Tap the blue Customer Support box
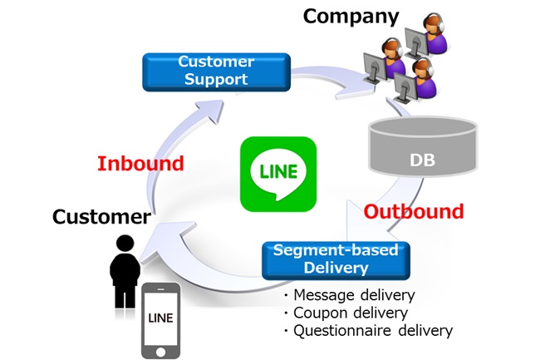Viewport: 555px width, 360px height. coord(216,72)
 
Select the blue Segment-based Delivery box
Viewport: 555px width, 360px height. coord(336,259)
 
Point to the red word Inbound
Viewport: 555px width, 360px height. coord(140,163)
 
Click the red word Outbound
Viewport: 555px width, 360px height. coord(414,211)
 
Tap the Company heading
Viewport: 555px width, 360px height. coord(351,16)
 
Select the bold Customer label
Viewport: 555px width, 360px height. coord(101,217)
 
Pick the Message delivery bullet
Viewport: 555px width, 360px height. coord(349,295)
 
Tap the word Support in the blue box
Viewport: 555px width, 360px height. coord(216,80)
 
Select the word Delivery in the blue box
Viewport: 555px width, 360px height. coord(336,268)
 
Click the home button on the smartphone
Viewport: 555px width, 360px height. coord(161,352)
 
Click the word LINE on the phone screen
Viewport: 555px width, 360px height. coord(161,318)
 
